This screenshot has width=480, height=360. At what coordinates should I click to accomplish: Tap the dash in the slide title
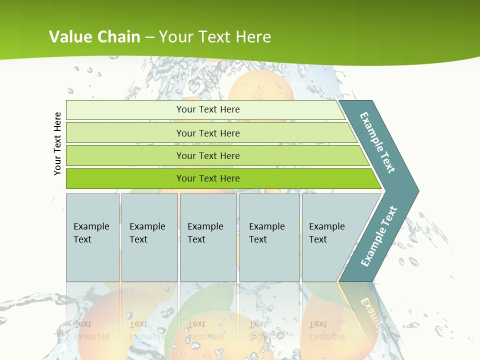[149, 37]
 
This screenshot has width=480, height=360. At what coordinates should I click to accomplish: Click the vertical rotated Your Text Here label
[57, 143]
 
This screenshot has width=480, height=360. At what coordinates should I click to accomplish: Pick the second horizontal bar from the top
[207, 133]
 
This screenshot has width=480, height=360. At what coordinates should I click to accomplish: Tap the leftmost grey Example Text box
[92, 237]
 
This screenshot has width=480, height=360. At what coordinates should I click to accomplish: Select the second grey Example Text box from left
[149, 237]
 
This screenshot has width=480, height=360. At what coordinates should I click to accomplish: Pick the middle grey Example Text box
[208, 237]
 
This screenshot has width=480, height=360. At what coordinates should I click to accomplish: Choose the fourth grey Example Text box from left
[269, 237]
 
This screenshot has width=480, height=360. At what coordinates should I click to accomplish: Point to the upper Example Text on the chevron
[377, 143]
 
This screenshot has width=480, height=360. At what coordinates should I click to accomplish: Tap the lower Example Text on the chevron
[379, 236]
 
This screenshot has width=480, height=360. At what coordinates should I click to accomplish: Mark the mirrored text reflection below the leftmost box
[91, 330]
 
